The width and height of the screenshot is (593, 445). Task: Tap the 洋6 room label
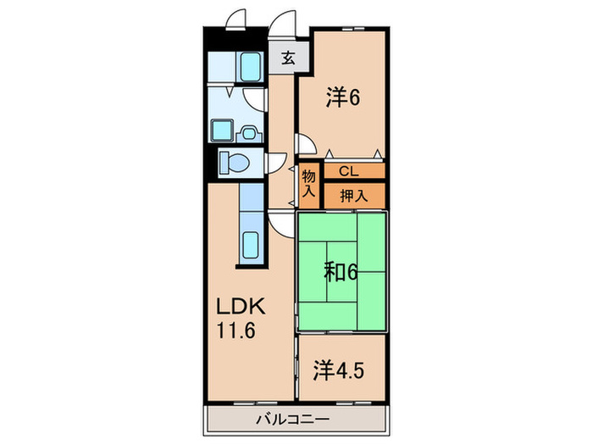click(x=342, y=97)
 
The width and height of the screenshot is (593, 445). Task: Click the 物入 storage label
click(x=308, y=185)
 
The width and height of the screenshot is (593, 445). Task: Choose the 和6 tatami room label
click(x=341, y=272)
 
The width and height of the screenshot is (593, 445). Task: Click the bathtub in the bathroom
click(x=249, y=65)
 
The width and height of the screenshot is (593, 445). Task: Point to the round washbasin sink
click(x=248, y=131)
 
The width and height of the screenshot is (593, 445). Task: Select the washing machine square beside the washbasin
click(x=222, y=131)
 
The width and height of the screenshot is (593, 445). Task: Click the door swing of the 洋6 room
click(x=303, y=146)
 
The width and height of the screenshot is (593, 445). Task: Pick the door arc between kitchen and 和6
click(x=282, y=225)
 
